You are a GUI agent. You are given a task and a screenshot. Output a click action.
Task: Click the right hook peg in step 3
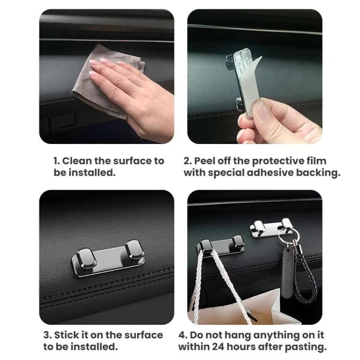[135, 252]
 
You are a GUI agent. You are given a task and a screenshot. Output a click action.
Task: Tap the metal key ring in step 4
[287, 236]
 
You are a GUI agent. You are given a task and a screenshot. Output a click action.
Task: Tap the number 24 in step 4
[218, 347]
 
